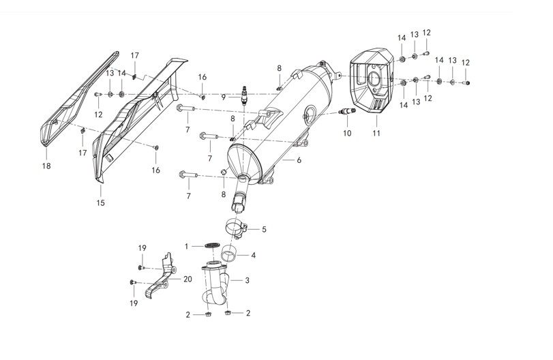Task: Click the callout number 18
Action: [x=46, y=166]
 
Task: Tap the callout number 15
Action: [x=100, y=202]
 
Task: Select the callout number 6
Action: [x=299, y=160]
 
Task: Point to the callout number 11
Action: [x=376, y=133]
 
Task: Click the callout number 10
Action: [x=347, y=133]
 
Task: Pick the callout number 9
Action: [x=224, y=97]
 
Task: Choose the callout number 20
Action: [x=188, y=279]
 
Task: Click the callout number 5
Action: [x=264, y=230]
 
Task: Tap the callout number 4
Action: [x=253, y=255]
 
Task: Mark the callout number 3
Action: [x=248, y=280]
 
